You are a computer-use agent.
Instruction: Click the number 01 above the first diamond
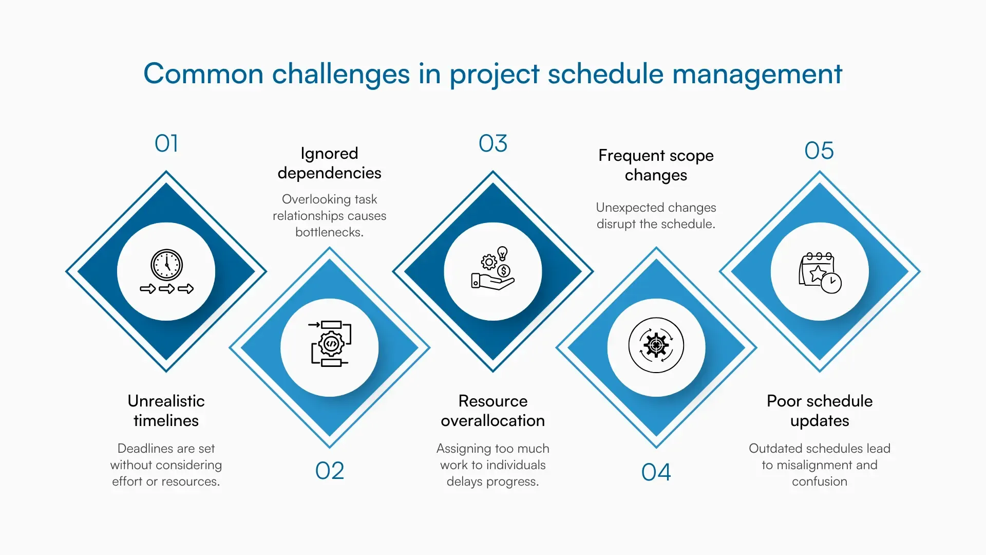(166, 143)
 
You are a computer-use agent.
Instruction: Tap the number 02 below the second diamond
(329, 471)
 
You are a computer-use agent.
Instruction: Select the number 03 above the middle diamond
(493, 143)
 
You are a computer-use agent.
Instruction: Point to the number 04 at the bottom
(656, 472)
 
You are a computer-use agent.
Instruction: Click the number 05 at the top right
(819, 151)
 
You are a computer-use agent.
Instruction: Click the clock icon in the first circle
(166, 265)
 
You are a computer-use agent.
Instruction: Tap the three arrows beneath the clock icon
(166, 289)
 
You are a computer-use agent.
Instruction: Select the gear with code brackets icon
(331, 344)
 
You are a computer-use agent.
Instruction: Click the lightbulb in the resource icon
(503, 253)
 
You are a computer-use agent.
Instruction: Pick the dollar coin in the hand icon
(504, 271)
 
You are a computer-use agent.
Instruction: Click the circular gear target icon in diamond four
(656, 345)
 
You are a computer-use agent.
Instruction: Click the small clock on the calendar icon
(831, 283)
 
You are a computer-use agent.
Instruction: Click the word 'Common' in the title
(203, 73)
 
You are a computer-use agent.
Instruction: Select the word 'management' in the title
(757, 73)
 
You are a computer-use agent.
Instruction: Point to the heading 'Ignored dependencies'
(329, 163)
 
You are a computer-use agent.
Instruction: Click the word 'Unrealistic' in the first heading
(166, 401)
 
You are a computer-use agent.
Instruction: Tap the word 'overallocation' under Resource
(492, 420)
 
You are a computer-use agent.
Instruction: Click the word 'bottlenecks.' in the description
(329, 232)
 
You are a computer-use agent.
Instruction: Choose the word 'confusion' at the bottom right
(819, 482)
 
